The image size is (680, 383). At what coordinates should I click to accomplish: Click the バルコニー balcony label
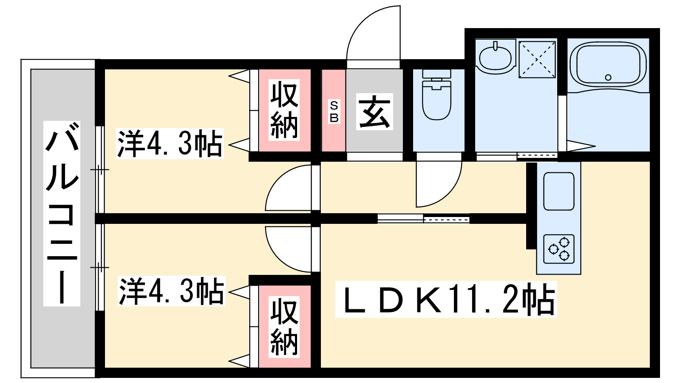tap(62, 213)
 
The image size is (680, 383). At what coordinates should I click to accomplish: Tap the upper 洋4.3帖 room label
tap(170, 143)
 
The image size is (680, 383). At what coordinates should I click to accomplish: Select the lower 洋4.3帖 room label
tap(172, 291)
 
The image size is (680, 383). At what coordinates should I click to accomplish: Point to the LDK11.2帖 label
tap(446, 300)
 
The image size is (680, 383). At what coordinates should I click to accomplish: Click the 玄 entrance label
tap(374, 111)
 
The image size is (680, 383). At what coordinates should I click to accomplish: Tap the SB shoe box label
tap(334, 111)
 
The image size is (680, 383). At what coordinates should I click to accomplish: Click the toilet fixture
tap(436, 94)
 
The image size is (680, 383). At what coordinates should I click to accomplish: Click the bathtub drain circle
tap(608, 77)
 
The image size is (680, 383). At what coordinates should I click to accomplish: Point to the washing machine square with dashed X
tap(537, 60)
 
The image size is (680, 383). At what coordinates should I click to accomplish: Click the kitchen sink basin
tap(558, 191)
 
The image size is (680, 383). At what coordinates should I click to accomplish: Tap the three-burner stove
tap(558, 249)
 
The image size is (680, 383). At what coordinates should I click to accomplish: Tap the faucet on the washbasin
tap(496, 46)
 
